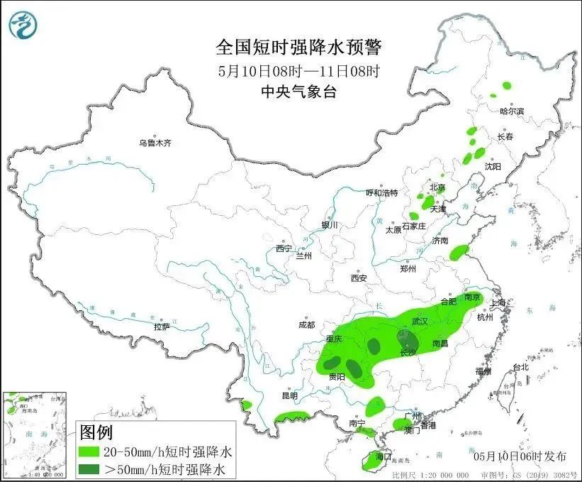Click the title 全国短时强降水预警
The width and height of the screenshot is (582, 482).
click(298, 48)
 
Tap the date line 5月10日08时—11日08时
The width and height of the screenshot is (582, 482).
click(298, 71)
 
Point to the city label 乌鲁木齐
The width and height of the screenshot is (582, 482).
click(155, 143)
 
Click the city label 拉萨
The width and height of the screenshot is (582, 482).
click(162, 327)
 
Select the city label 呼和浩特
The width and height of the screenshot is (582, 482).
click(381, 193)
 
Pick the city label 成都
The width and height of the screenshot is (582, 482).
click(306, 325)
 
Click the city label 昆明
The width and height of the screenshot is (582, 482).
click(290, 395)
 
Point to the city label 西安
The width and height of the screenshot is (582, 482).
click(359, 278)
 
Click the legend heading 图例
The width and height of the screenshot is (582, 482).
click(96, 432)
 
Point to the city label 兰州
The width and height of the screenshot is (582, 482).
click(305, 255)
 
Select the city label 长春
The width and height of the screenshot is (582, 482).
click(505, 136)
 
